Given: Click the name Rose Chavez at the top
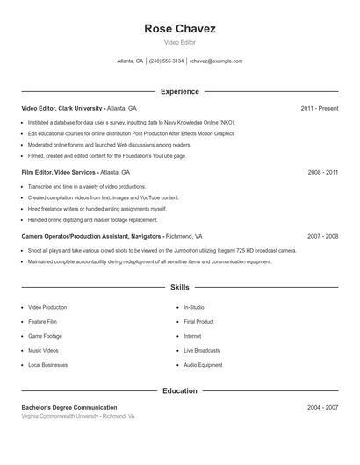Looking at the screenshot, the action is coord(180,28).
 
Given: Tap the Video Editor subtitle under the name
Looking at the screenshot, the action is coord(180,42).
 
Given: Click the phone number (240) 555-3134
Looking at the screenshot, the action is coord(166,61).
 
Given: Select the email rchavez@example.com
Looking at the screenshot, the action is coord(216,61).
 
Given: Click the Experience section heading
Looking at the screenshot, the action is coord(180,91).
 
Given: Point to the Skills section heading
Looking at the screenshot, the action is coord(180,287).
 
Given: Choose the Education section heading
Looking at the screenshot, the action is coord(180,391).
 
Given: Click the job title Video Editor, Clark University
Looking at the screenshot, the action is coord(62,108).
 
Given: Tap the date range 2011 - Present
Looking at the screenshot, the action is coord(319,108).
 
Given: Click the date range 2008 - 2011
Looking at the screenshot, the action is coord(322,173).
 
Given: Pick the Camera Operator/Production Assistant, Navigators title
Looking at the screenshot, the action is coord(91,237).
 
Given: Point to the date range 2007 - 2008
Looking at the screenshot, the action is coord(322,237).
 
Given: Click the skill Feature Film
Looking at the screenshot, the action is coord(42,322).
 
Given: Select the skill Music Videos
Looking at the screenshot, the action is coord(43,350).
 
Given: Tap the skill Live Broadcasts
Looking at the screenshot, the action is coord(201,350).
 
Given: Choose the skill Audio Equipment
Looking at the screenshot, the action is coord(203,365).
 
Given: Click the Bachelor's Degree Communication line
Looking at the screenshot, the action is coord(68,408).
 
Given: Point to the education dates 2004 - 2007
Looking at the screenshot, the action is coord(322,408).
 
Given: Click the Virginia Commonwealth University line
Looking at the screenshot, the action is coord(77,417).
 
